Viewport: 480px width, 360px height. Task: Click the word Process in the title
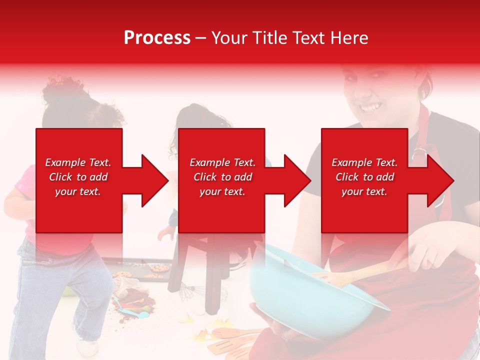[x=157, y=37]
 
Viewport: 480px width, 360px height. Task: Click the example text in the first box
[x=78, y=177]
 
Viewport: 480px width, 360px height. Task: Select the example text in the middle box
[x=222, y=177]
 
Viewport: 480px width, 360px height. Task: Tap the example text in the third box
[x=364, y=177]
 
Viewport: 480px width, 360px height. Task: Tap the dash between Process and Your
[x=201, y=38]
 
